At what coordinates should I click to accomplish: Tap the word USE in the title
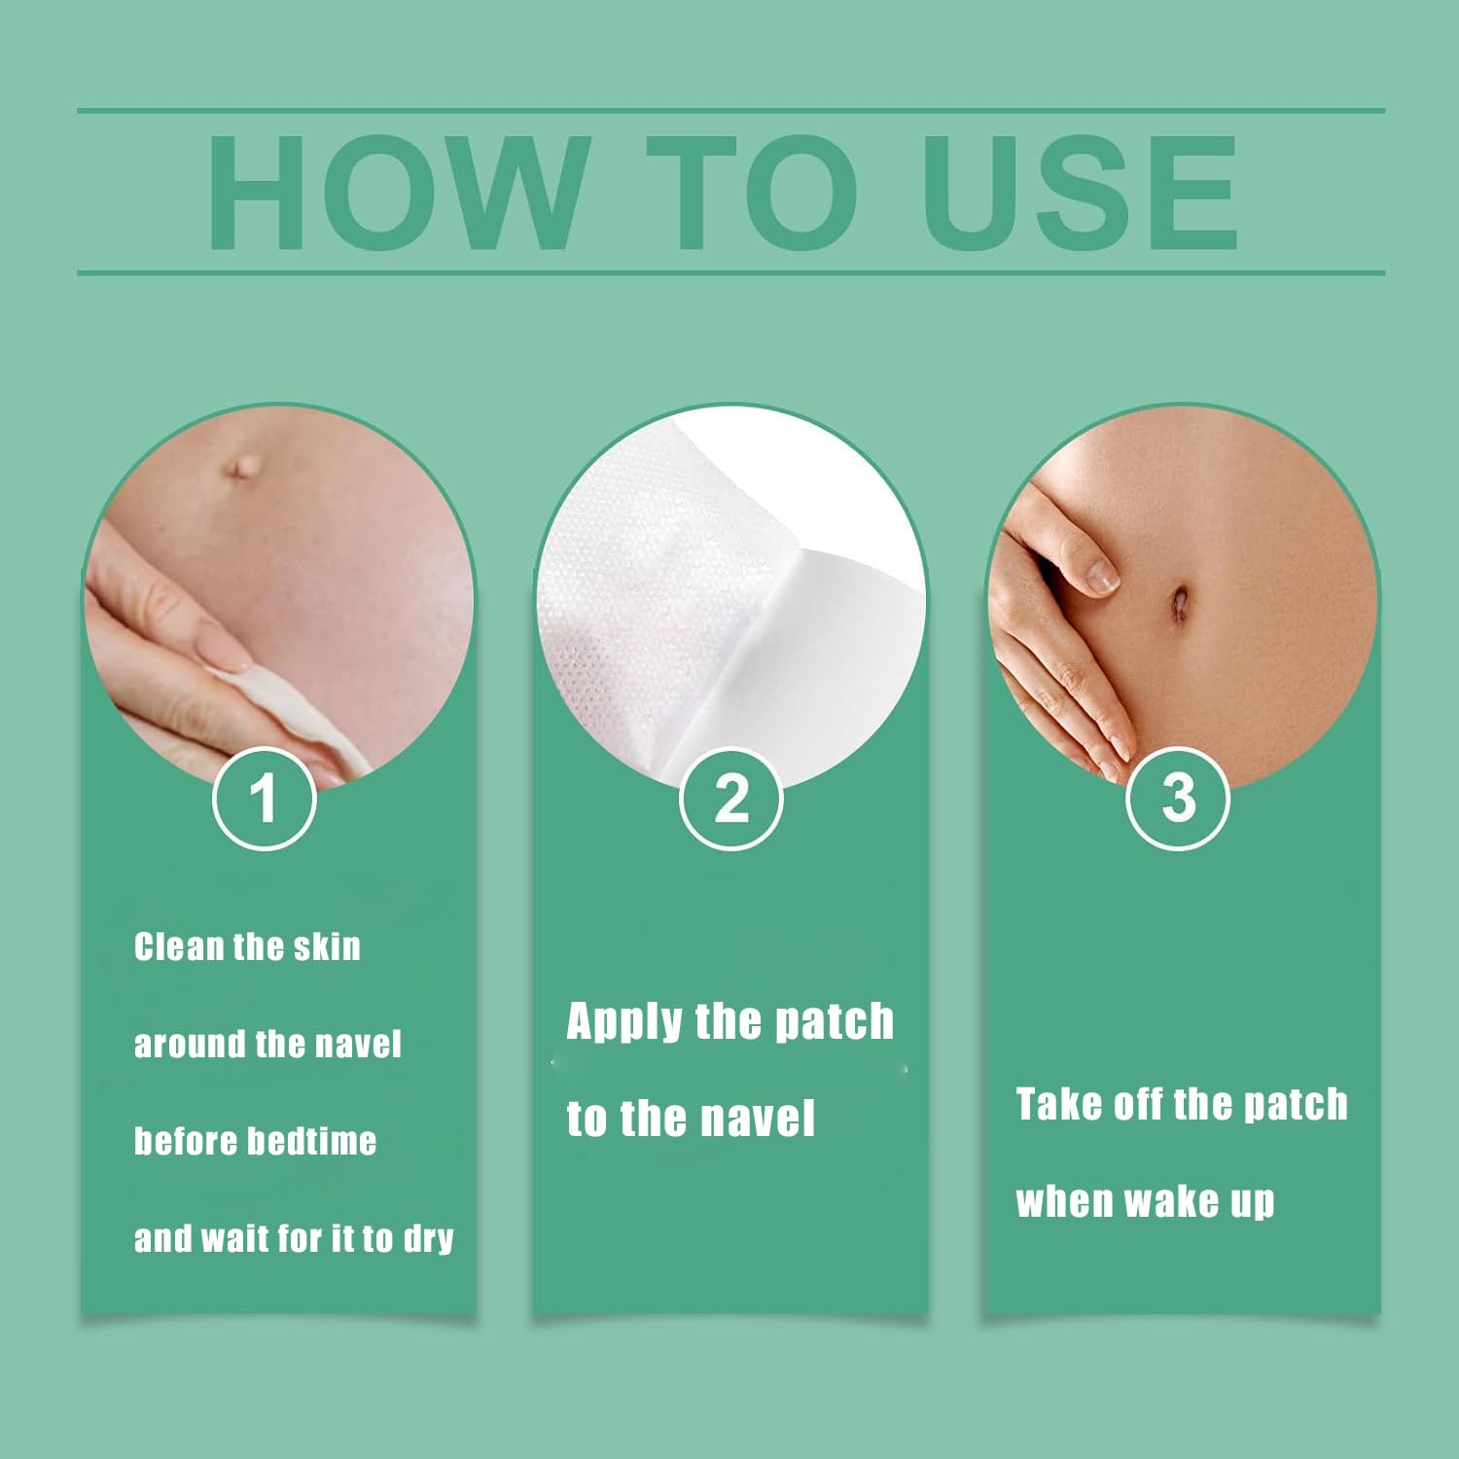point(1081,193)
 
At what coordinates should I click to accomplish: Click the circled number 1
point(264,799)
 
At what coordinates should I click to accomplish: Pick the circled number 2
point(730,799)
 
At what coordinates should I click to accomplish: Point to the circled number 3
point(1178,799)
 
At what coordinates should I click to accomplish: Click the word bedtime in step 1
point(315,1141)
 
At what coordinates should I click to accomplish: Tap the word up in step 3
point(1253,1204)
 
